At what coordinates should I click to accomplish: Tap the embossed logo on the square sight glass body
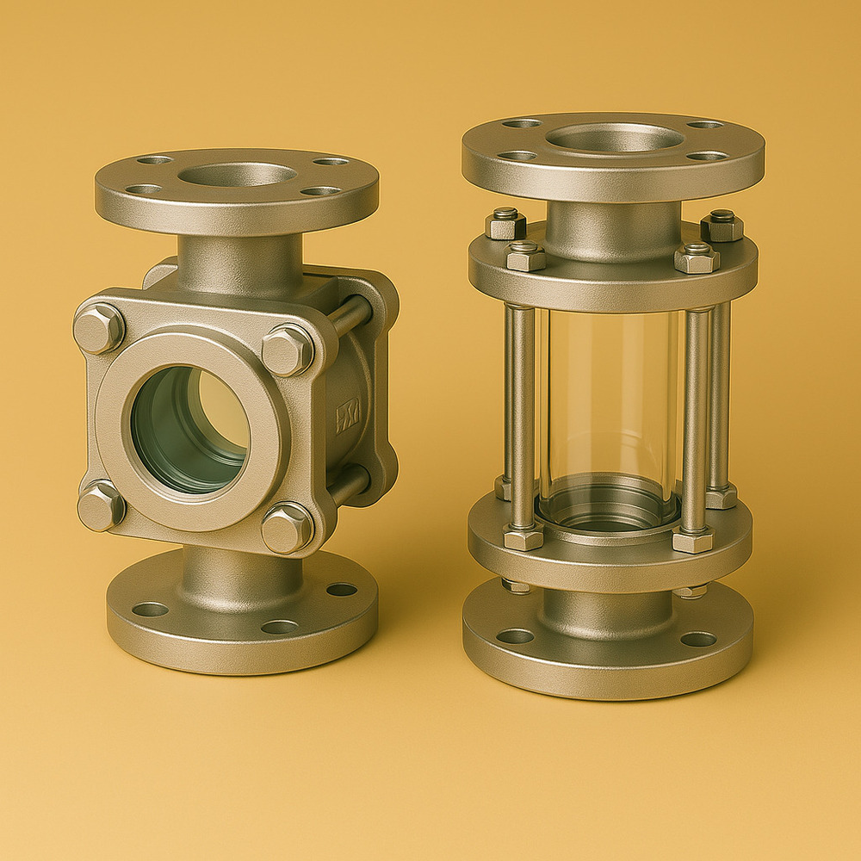tap(347, 415)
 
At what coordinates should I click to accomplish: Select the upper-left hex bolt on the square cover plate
tap(98, 328)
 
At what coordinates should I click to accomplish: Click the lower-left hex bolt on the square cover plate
tap(100, 506)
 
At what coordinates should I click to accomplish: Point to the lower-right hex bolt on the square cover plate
tap(287, 527)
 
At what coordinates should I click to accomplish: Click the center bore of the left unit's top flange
tap(237, 175)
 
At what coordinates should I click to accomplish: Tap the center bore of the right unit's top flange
tap(614, 137)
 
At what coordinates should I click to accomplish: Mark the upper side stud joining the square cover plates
tap(349, 316)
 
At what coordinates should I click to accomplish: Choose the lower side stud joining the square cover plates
tap(349, 486)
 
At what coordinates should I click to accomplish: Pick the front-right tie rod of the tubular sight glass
tap(694, 418)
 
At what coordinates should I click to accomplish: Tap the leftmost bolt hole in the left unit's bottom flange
tap(150, 610)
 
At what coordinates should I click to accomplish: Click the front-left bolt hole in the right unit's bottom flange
tap(515, 636)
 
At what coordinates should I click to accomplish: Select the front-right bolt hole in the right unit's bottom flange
tap(698, 639)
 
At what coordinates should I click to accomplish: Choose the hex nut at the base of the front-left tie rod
tap(523, 539)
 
